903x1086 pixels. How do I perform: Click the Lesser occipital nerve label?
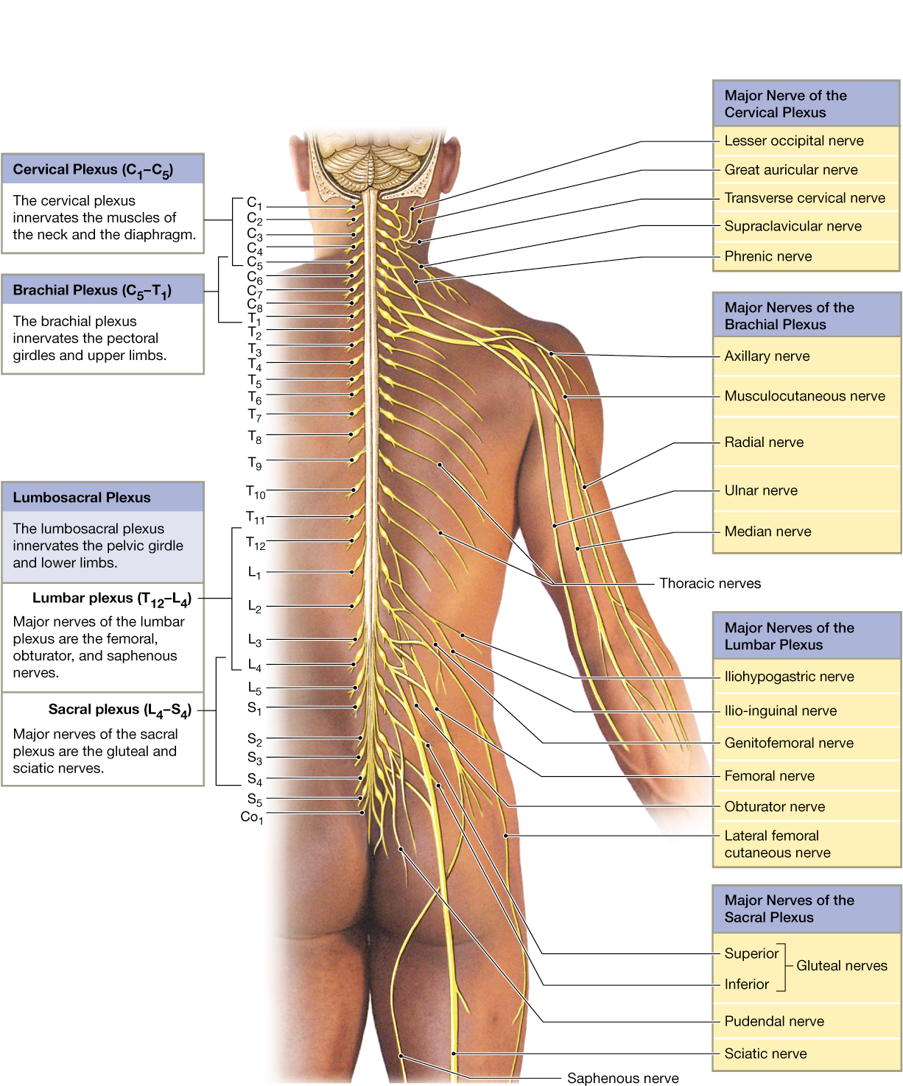pos(793,141)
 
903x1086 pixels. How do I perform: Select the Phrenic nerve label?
pos(767,256)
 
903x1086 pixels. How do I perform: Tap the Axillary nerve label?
pos(766,356)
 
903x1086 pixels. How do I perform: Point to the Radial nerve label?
pos(763,442)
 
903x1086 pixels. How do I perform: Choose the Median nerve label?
pos(767,532)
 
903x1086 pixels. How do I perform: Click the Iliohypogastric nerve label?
pos(788,677)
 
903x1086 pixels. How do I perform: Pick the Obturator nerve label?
pos(774,807)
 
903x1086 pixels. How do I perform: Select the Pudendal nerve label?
pos(773,1021)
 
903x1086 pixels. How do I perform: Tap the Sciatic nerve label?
pos(765,1054)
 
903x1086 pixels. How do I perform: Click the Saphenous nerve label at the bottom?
pos(622,1078)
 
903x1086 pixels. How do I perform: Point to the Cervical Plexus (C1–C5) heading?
pos(92,170)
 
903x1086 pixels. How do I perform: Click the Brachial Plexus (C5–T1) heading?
pos(91,291)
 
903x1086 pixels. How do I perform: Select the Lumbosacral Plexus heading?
pos(81,498)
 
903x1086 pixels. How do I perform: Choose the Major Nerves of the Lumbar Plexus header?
pos(788,636)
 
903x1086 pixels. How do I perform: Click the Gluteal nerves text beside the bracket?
pos(841,966)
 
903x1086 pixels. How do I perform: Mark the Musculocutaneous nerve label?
pos(804,396)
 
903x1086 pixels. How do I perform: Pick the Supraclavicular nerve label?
pos(792,227)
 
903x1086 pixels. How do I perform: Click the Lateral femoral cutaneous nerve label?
pos(776,845)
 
